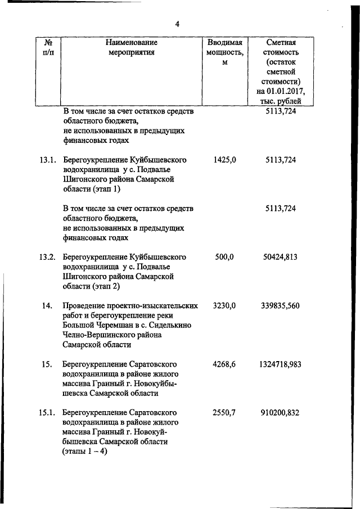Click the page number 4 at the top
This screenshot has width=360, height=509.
click(x=177, y=24)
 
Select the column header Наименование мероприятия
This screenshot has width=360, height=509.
click(x=131, y=47)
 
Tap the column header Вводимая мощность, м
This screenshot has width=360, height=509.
click(x=224, y=52)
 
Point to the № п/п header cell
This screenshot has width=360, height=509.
click(x=48, y=47)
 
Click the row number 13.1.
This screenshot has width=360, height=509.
click(x=47, y=160)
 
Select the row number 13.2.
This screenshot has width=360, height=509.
click(x=47, y=257)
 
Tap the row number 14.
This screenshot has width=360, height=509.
click(x=47, y=306)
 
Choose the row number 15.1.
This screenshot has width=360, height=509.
click(x=47, y=413)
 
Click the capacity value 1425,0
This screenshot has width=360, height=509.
click(x=224, y=160)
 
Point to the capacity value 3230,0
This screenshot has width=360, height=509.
click(x=224, y=306)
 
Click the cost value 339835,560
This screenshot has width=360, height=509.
click(x=280, y=306)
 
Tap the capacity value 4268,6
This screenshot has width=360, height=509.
click(x=224, y=364)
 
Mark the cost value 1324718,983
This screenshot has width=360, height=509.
click(x=280, y=364)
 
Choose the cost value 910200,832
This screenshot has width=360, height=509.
click(x=280, y=413)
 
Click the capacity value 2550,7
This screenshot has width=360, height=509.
click(x=224, y=413)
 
